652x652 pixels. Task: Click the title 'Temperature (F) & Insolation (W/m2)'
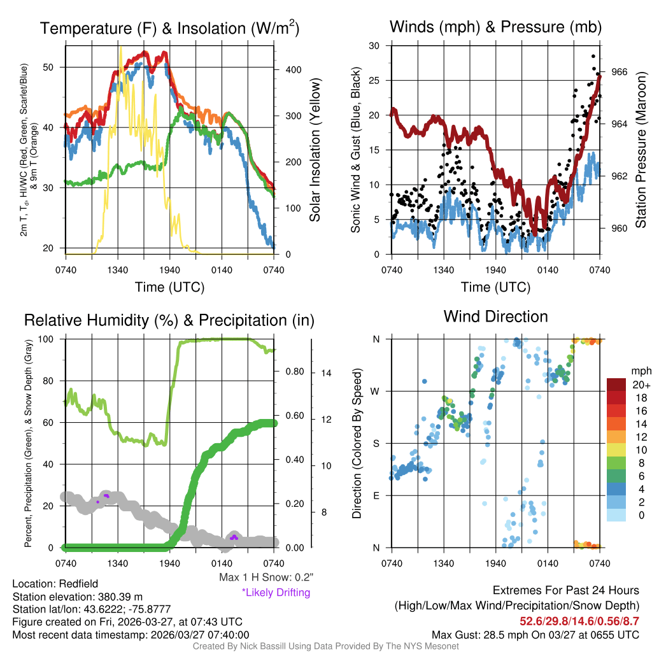[170, 29]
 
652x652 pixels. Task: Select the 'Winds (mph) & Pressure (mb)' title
[495, 27]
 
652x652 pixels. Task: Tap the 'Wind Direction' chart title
[495, 316]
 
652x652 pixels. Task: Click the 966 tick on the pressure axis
[620, 72]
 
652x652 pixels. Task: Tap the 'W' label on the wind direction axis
[376, 391]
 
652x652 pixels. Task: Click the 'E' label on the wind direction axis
[376, 495]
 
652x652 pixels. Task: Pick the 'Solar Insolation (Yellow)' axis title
[315, 150]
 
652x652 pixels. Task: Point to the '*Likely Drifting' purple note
[276, 592]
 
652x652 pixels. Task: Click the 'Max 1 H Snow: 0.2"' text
[266, 578]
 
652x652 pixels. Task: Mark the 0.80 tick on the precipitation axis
[294, 372]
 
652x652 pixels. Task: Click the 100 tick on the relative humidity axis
[51, 339]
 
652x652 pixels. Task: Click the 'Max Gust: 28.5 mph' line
[535, 634]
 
